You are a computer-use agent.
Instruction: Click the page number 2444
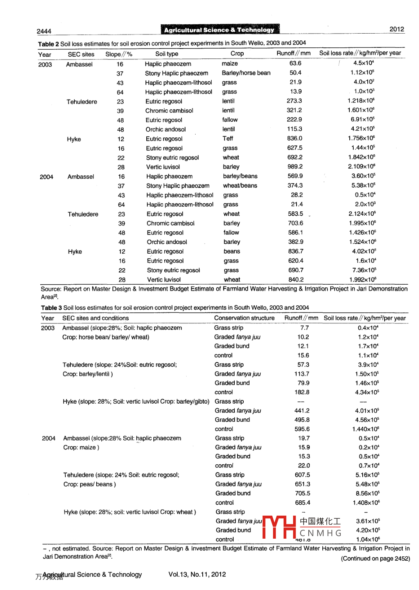(x=44, y=31)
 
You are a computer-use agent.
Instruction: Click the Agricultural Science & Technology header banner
(x=219, y=30)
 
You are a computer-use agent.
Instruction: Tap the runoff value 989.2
(x=295, y=167)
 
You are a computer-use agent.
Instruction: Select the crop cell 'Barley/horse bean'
(x=246, y=73)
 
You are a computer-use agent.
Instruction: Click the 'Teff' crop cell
(x=228, y=139)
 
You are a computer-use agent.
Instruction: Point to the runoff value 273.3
(x=294, y=101)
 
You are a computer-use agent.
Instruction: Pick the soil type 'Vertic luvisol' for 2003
(x=163, y=167)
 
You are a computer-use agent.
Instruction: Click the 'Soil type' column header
(x=167, y=54)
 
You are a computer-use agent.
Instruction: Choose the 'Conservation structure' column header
(x=244, y=318)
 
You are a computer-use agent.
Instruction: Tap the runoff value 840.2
(x=296, y=280)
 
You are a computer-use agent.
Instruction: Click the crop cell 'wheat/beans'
(x=240, y=186)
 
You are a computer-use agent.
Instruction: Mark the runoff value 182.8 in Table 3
(x=302, y=392)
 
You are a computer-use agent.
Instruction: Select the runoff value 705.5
(x=302, y=493)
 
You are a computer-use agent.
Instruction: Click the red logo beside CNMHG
(x=279, y=527)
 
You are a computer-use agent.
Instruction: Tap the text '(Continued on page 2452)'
(x=375, y=559)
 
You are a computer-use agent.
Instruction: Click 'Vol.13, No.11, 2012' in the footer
(x=197, y=574)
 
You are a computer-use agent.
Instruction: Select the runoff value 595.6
(x=302, y=429)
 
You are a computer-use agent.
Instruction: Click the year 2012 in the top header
(x=397, y=29)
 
